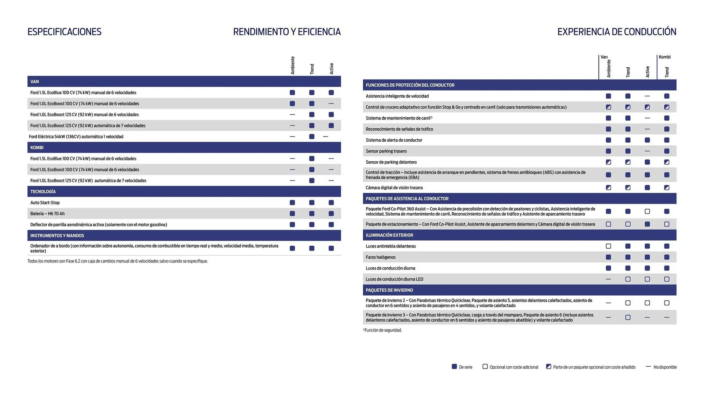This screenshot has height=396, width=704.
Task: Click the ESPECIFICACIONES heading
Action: [x=64, y=32]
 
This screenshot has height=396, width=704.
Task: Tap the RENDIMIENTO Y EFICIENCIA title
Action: [x=287, y=32]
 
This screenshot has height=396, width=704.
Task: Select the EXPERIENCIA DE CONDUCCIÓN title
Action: [x=616, y=32]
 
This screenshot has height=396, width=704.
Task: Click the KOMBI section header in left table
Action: [x=37, y=147]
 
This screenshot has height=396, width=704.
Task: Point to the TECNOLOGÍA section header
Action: [x=43, y=191]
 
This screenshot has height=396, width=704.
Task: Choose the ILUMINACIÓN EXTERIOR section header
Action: [x=389, y=235]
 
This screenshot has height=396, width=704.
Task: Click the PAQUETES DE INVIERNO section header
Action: [x=389, y=290]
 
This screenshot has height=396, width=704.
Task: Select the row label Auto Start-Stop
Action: [x=45, y=202]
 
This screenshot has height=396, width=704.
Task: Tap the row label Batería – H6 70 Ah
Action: [x=47, y=213]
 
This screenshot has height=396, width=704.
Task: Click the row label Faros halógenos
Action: [x=380, y=257]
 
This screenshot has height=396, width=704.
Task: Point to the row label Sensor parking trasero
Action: [x=386, y=151]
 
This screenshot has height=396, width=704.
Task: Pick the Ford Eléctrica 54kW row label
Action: [x=76, y=136]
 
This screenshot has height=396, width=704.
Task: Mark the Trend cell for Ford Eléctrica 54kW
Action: [x=312, y=136]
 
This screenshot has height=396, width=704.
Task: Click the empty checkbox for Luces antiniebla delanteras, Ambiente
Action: [x=608, y=246]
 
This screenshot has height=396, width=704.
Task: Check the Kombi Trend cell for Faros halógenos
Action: [x=667, y=257]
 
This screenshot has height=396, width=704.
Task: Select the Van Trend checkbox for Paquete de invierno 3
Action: [x=628, y=318]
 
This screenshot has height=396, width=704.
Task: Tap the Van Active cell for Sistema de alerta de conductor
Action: [x=647, y=140]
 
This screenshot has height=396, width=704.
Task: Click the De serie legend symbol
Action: [x=454, y=367]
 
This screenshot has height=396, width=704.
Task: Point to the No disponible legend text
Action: [x=665, y=367]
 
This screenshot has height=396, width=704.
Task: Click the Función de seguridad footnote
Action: [x=383, y=330]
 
